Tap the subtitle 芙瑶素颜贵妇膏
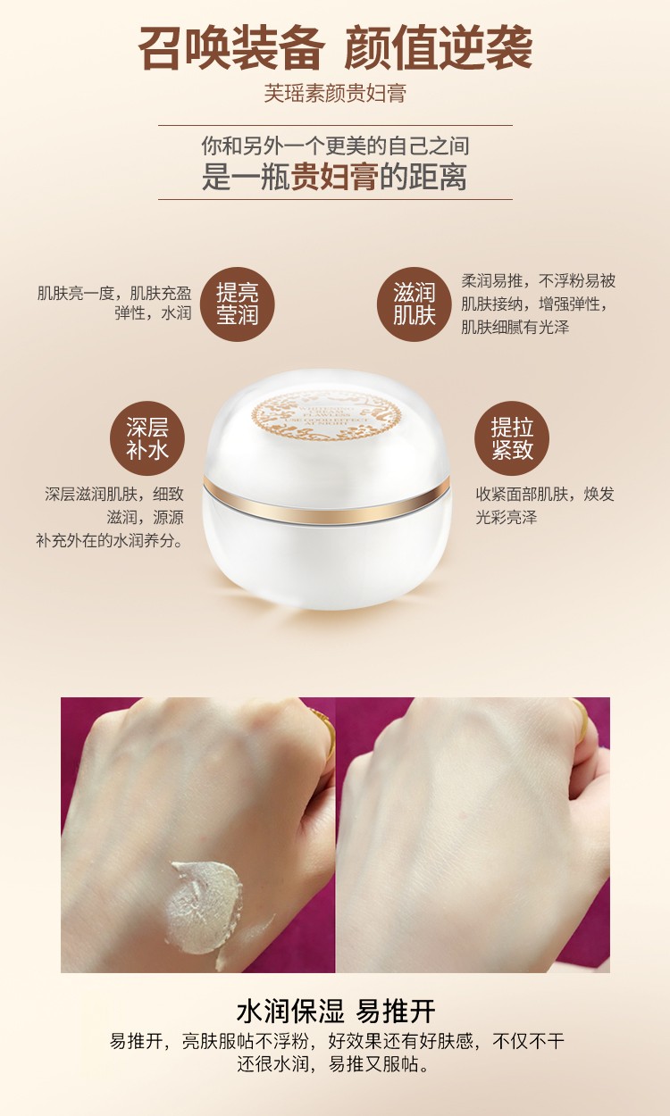tap(335, 93)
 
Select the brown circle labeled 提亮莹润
tap(237, 304)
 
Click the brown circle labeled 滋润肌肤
tap(414, 304)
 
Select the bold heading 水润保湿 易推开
tap(335, 1012)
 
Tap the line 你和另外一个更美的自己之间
tap(335, 146)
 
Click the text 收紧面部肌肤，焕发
tap(545, 494)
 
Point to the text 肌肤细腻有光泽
tap(515, 328)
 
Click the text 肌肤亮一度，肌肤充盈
tap(114, 292)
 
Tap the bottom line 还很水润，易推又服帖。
tap(335, 1064)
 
